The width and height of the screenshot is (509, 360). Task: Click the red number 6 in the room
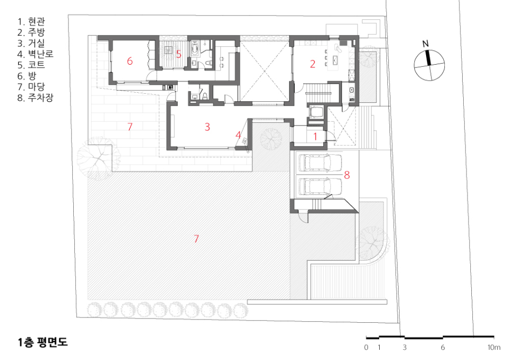(130, 61)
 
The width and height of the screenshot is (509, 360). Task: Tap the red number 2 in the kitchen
(312, 64)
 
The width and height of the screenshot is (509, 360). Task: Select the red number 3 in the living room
(207, 127)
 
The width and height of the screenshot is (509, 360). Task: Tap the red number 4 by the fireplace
(238, 135)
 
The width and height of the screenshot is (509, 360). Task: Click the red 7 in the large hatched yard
(196, 239)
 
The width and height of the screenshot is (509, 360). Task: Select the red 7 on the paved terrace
(130, 127)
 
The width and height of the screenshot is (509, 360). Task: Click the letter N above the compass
(426, 44)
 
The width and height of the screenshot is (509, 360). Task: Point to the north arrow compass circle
(429, 65)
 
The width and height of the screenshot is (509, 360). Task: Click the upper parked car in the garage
(320, 162)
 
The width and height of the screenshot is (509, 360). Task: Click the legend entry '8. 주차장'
(36, 98)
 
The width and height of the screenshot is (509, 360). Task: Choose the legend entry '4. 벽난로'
(36, 54)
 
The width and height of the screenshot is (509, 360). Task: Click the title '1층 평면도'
(43, 342)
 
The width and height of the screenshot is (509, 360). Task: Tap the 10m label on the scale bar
(494, 347)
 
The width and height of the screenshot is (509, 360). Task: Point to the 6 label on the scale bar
(442, 347)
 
